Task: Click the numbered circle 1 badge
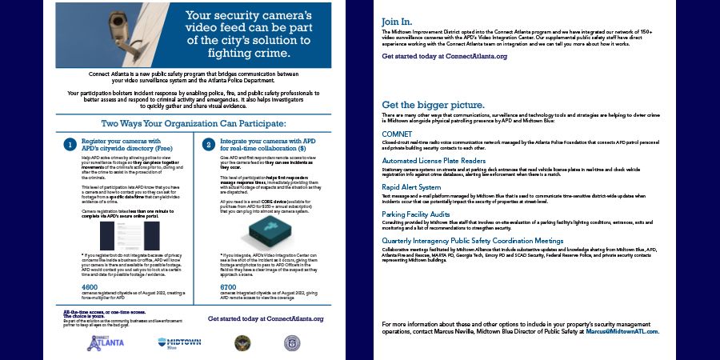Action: coord(70,145)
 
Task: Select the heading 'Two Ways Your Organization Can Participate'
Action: coord(193,124)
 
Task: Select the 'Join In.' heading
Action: coord(398,21)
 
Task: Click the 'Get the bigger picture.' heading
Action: coord(433,105)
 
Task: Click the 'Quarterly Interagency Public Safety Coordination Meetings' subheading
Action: coord(473,241)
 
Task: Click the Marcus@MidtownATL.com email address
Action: coord(622,331)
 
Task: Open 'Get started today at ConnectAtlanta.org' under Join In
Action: coord(445,57)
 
